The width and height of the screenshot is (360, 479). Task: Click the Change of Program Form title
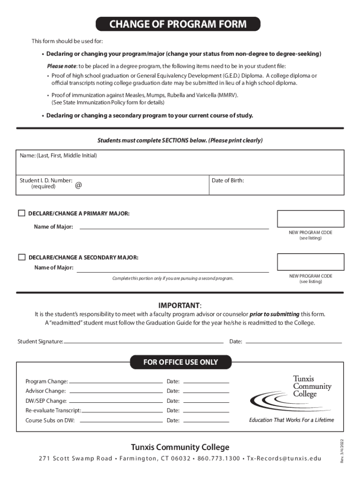pos(178,24)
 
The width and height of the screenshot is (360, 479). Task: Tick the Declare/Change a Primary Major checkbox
pos(22,213)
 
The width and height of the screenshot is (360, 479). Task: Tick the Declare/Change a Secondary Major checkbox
pos(22,257)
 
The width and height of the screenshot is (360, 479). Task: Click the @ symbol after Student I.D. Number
pos(78,185)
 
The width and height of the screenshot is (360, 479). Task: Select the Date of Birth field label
pos(228,180)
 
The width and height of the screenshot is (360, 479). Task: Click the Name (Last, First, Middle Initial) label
pos(58,155)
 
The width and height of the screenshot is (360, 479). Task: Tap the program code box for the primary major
pos(310,219)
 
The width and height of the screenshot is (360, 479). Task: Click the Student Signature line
pos(144,342)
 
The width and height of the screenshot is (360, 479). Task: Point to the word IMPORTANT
pos(179,305)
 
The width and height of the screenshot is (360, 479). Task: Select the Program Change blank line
pos(115,382)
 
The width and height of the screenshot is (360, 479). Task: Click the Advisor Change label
pos(45,391)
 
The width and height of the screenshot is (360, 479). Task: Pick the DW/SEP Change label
pos(46,401)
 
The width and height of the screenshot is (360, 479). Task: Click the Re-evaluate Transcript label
pos(53,410)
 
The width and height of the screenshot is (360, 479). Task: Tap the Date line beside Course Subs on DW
pos(206,421)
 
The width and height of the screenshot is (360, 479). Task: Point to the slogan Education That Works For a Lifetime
pos(291,420)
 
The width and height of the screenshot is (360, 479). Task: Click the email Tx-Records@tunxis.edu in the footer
pos(284,458)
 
